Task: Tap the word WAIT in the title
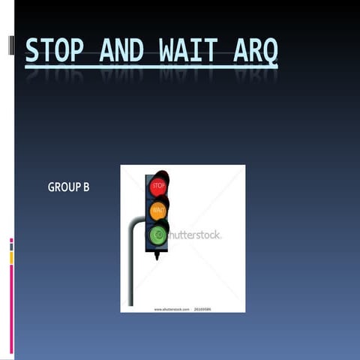187,50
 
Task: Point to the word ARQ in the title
255,50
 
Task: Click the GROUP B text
68,187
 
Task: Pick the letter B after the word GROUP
85,187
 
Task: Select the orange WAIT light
158,211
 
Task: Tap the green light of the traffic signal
158,235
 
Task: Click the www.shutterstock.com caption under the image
171,308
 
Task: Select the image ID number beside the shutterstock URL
202,308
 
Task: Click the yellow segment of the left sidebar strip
11,258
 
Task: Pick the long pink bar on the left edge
11,307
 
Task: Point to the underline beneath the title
150,67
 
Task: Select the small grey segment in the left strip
11,247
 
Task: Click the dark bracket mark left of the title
10,45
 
